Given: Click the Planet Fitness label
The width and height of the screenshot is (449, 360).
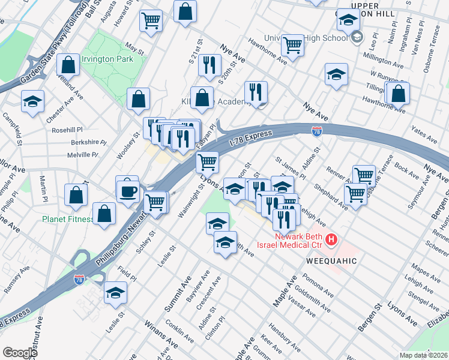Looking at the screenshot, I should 67,219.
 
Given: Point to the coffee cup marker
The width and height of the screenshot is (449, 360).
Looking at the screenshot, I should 127,191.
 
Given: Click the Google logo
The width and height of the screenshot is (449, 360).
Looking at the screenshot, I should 20,353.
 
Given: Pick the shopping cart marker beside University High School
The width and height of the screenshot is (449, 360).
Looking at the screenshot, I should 293,44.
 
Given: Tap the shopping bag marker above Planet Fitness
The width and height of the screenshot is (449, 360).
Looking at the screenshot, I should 76,194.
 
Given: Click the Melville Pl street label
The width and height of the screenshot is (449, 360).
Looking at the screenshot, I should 83,155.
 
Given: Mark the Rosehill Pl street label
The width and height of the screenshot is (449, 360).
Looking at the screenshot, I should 67,129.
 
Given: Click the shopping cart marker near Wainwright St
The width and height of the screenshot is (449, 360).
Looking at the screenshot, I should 207,161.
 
